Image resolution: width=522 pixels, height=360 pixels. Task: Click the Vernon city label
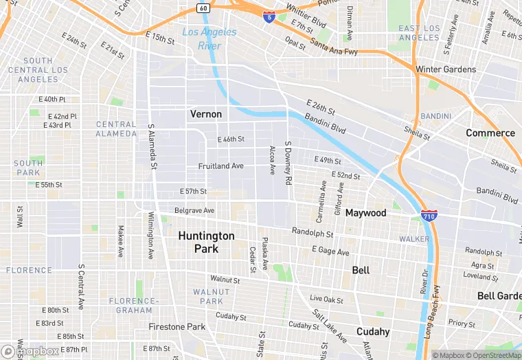(x=206, y=114)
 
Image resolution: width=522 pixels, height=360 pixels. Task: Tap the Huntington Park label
(x=206, y=242)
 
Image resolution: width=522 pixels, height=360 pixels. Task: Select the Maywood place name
(x=365, y=213)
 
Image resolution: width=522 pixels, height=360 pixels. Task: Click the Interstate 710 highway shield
(x=429, y=216)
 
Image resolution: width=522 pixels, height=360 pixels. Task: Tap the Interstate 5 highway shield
(x=269, y=15)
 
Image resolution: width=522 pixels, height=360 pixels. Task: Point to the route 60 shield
(x=203, y=8)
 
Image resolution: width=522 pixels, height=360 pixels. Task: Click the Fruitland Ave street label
(x=220, y=166)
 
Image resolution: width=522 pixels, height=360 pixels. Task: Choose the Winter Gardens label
(x=445, y=69)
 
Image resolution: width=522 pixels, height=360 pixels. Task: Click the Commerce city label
(x=490, y=133)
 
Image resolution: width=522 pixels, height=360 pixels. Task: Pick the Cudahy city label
(x=373, y=331)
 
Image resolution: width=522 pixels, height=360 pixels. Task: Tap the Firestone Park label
(x=177, y=327)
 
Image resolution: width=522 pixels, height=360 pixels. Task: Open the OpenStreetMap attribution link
(x=493, y=355)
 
